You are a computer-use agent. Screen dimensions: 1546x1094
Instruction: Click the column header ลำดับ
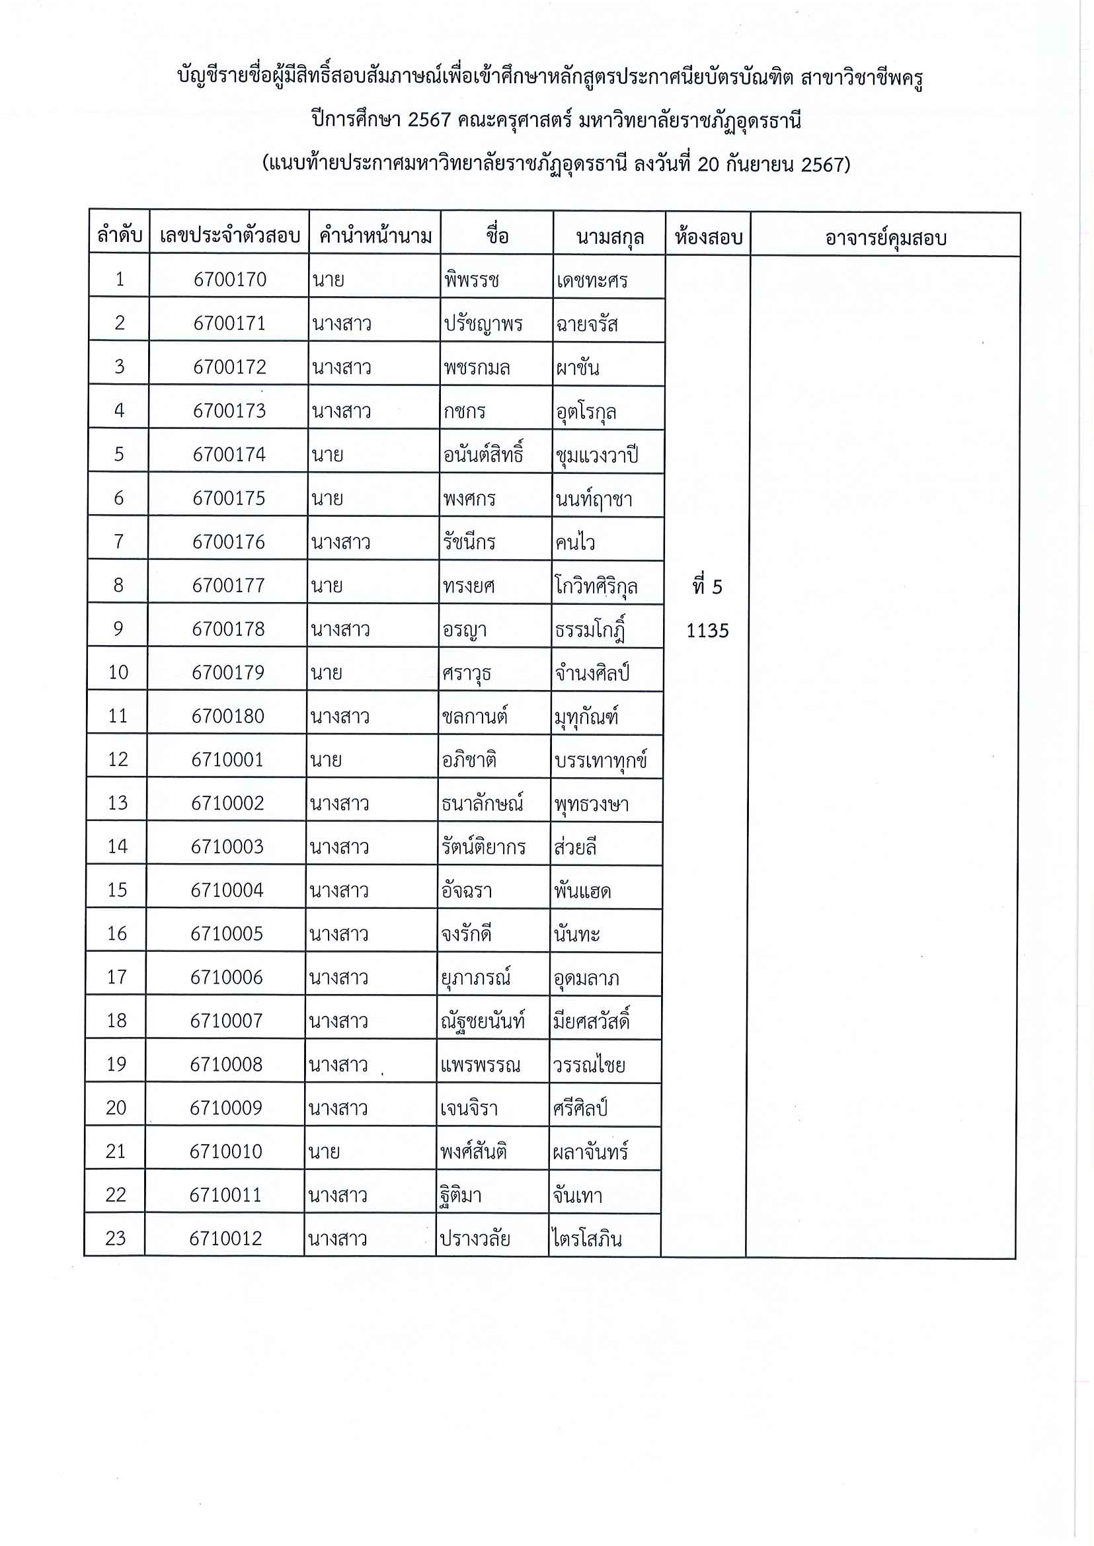[119, 236]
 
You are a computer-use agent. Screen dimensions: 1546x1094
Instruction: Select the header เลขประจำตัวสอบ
[230, 236]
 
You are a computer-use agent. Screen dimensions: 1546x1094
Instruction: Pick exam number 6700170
[230, 280]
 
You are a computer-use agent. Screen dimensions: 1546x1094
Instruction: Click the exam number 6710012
[225, 1238]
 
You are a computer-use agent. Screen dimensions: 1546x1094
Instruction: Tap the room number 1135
[707, 631]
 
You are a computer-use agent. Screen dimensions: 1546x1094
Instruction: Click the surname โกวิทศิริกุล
[596, 587]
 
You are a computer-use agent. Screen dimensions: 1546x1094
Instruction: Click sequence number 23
[115, 1238]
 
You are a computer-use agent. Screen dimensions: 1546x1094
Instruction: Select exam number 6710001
[227, 760]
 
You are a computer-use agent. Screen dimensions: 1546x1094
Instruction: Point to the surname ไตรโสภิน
[586, 1239]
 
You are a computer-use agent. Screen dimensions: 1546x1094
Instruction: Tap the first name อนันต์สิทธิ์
[483, 455]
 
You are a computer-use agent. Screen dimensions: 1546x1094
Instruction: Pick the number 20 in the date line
[709, 165]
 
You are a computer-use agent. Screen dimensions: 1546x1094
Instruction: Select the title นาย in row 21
[324, 1151]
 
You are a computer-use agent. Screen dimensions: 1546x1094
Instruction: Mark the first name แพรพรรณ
[480, 1065]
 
